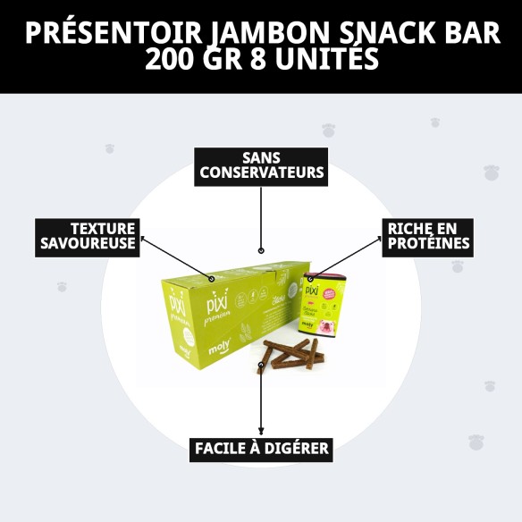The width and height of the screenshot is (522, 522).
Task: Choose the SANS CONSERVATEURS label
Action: pos(261,165)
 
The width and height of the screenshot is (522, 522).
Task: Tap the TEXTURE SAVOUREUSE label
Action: pos(88,236)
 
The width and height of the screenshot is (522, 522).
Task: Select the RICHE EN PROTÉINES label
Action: pos(427,236)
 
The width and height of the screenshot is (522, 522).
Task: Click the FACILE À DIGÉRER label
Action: pos(262,448)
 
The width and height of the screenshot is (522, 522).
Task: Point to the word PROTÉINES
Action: pos(427,243)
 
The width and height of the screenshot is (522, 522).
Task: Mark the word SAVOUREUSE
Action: pos(88,243)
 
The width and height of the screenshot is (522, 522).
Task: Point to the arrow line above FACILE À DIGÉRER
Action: pos(261,402)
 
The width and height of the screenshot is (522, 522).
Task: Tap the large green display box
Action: pos(223,308)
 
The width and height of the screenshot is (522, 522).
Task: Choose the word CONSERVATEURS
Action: pos(261,173)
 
